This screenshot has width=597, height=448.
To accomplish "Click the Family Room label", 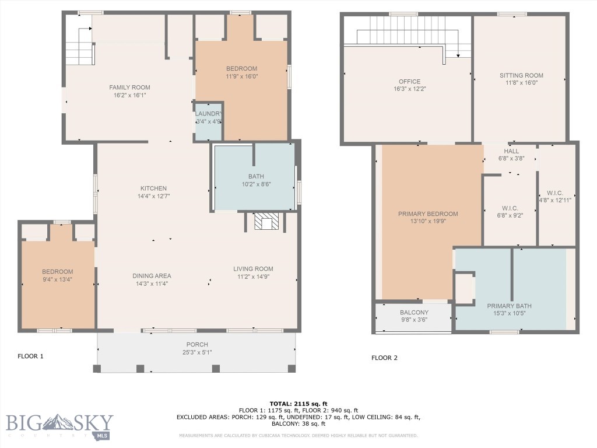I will pos(129,87).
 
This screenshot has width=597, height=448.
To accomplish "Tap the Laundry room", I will pos(208,121).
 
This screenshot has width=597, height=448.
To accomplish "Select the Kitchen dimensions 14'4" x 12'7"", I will pos(153,197).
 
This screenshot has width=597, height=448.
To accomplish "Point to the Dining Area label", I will pos(151,276).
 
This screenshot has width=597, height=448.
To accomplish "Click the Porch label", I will pos(197,344).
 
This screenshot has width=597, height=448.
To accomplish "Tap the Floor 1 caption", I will pos(30,356).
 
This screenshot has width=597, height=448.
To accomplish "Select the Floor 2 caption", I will pos(384,358).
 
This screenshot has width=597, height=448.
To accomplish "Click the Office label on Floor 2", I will pos(409,82).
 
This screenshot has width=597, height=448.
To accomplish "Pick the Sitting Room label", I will pos(521,75).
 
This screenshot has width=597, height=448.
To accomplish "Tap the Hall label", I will pos(511,151).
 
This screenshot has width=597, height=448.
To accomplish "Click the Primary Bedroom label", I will pos(428,214).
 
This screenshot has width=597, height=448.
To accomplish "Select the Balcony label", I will pos(414,313).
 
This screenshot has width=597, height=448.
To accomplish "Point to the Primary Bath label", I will pos(509,306).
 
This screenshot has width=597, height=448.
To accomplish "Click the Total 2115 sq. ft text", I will pos(298,404).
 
